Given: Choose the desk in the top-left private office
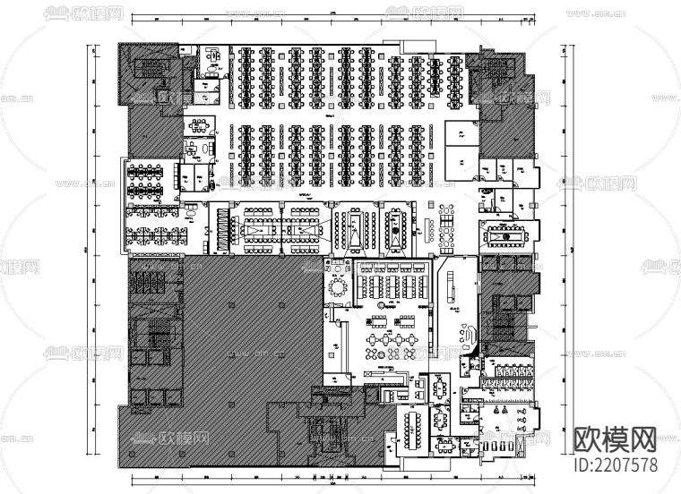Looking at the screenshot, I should tap(214, 55).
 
